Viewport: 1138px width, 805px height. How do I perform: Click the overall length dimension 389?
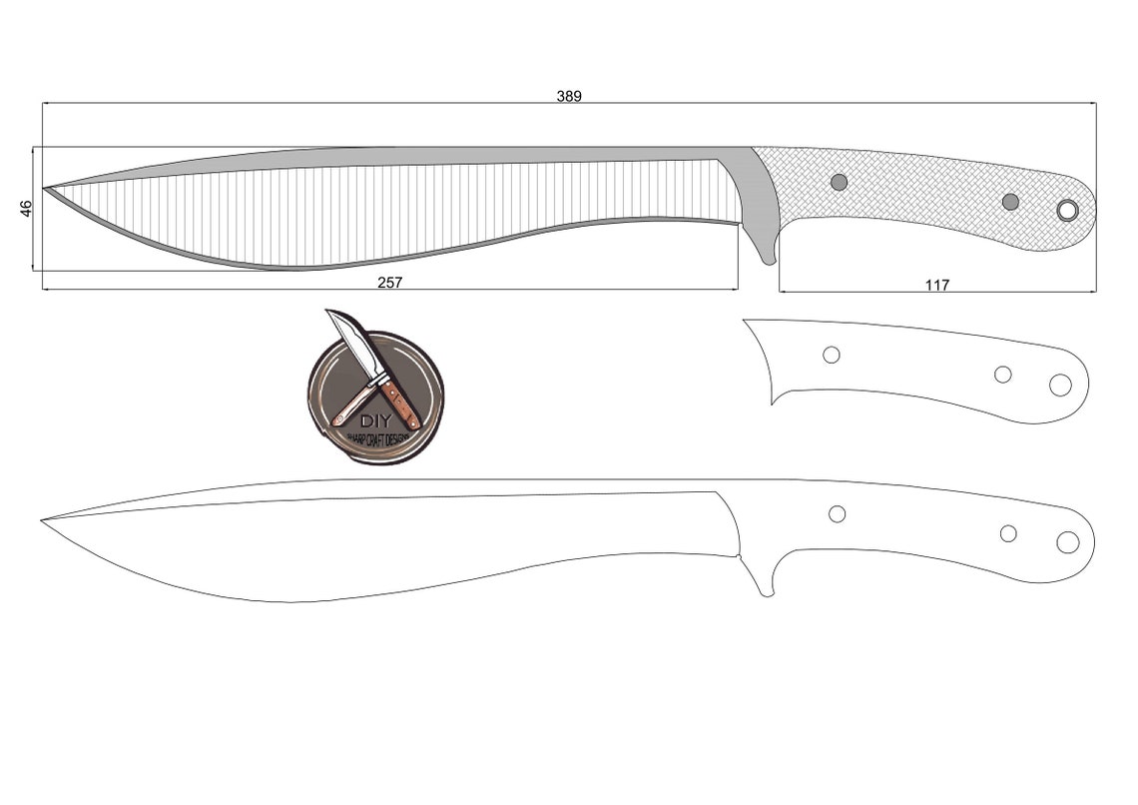pyautogui.click(x=569, y=96)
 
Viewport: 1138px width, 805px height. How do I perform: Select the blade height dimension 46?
pyautogui.click(x=27, y=208)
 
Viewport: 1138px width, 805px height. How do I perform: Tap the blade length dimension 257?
pyautogui.click(x=389, y=283)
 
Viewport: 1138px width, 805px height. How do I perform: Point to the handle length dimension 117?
pyautogui.click(x=937, y=286)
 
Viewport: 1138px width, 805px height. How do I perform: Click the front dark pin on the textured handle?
pyautogui.click(x=839, y=182)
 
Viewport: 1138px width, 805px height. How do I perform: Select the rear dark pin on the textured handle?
pyautogui.click(x=1010, y=202)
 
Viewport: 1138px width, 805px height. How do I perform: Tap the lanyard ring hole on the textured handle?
pyautogui.click(x=1067, y=210)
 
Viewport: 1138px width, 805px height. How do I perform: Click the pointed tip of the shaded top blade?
pyautogui.click(x=46, y=187)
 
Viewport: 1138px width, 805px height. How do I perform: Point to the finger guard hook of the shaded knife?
pyautogui.click(x=767, y=255)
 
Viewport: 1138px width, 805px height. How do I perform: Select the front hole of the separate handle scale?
pyautogui.click(x=831, y=355)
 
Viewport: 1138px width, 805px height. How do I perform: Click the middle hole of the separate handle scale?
pyautogui.click(x=1002, y=374)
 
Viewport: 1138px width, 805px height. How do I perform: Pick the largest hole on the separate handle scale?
pyautogui.click(x=1060, y=385)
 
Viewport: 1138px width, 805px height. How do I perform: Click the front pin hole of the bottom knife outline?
pyautogui.click(x=837, y=513)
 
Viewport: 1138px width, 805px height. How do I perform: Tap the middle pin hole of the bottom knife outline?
pyautogui.click(x=1008, y=533)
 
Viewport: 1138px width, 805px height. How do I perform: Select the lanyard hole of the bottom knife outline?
pyautogui.click(x=1067, y=542)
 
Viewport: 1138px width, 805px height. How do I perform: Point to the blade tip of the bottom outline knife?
pyautogui.click(x=45, y=519)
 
